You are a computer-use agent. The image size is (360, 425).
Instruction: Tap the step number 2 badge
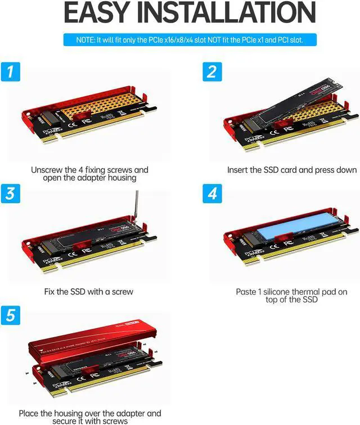click(211, 73)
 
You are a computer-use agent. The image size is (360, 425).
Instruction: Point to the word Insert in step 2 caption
click(238, 169)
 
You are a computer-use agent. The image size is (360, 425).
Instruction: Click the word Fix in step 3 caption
click(50, 292)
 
